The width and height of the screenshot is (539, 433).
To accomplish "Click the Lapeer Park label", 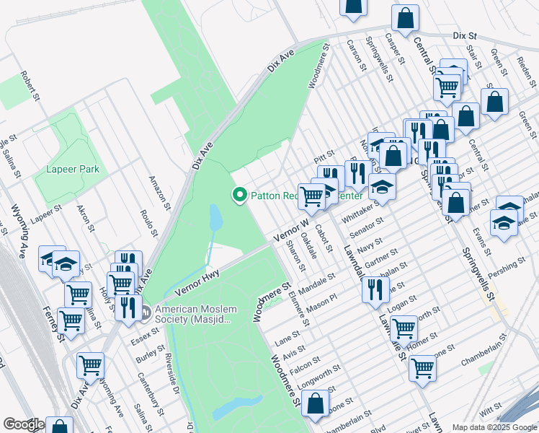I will click(x=72, y=169).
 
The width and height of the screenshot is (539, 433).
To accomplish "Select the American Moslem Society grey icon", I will click(x=146, y=312).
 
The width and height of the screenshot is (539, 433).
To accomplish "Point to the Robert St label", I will click(x=29, y=84).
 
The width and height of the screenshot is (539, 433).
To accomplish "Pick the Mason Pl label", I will click(x=322, y=301).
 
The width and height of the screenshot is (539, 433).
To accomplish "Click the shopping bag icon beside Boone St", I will click(x=316, y=404).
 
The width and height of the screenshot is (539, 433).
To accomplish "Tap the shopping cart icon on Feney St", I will click(x=71, y=318).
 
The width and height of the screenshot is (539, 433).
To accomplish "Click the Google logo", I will click(x=24, y=424).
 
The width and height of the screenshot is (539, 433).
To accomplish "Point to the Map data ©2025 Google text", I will click(x=494, y=427).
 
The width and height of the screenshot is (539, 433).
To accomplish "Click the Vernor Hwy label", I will click(x=197, y=281).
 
